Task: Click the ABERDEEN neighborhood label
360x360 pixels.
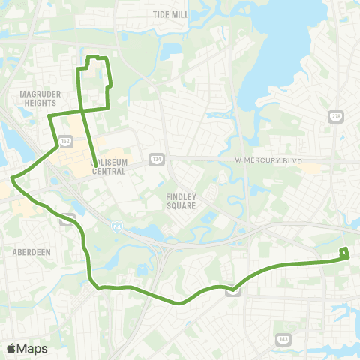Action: pyautogui.click(x=31, y=253)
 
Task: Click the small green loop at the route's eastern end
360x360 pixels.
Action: pyautogui.click(x=344, y=253)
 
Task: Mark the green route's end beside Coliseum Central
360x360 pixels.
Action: pyautogui.click(x=93, y=158)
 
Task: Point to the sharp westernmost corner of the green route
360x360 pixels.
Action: pyautogui.click(x=12, y=178)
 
